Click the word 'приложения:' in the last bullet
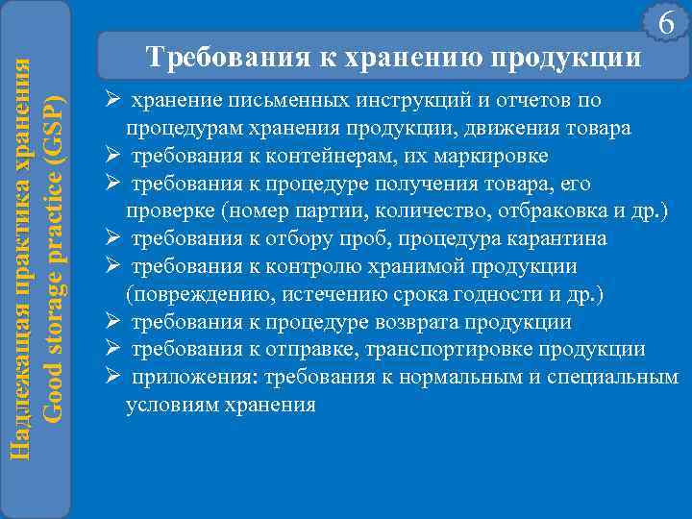coord(183,378)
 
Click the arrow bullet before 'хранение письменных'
coord(112,101)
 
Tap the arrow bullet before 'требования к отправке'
coord(112,350)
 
